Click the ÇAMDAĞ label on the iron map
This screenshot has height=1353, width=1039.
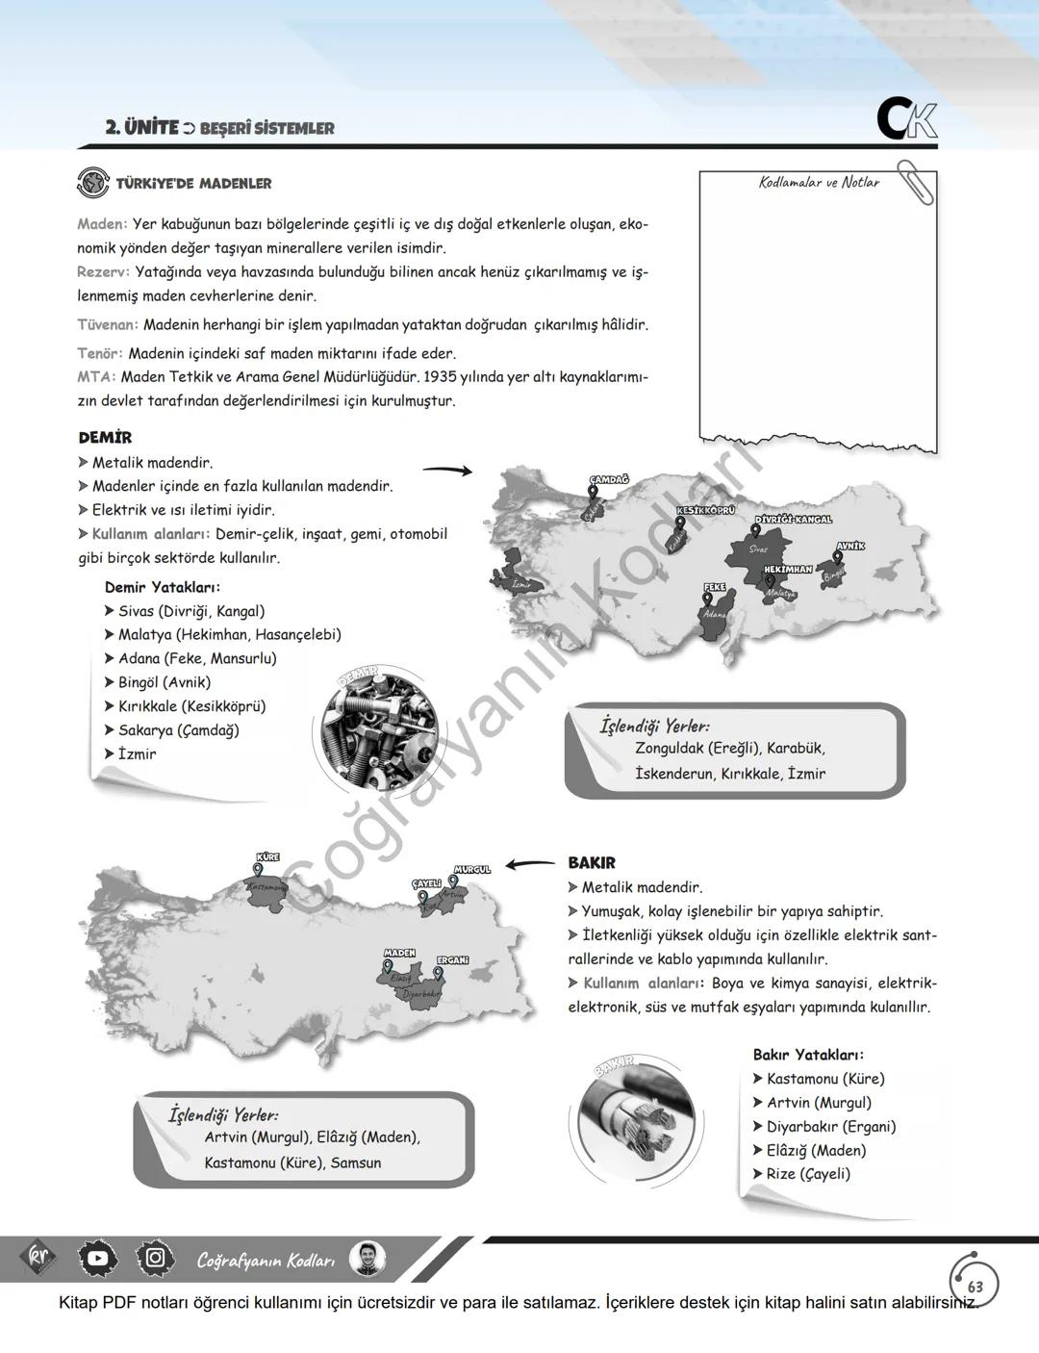point(609,479)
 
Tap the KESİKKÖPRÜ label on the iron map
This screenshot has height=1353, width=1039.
point(705,510)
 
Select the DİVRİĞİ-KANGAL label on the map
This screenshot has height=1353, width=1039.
point(793,520)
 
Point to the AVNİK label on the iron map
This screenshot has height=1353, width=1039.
point(850,546)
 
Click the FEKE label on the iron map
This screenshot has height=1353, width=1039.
point(715,587)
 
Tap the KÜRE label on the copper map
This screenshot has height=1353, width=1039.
point(268,856)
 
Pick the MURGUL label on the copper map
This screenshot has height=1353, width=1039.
point(472,869)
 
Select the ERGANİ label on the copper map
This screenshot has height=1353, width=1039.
point(453,960)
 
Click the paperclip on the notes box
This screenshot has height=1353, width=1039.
point(915,183)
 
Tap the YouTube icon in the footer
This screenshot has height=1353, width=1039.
point(98,1258)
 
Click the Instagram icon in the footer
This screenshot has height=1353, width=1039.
point(155,1258)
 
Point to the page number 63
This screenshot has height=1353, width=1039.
point(976,1286)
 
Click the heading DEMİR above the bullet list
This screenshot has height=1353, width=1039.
point(105,438)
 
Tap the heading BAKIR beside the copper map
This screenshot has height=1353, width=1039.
point(592,863)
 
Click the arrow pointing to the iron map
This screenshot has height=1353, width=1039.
point(447,470)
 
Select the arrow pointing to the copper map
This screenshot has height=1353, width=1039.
point(530,864)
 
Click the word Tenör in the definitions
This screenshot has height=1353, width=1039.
point(99,353)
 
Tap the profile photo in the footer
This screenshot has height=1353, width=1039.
point(367,1259)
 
